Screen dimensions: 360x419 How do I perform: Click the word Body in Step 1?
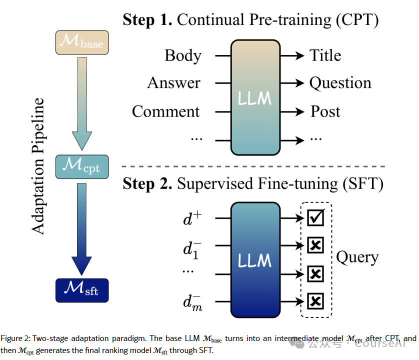coord(183,55)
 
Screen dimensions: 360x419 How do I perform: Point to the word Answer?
coord(173,83)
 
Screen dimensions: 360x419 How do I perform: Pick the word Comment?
coord(165,111)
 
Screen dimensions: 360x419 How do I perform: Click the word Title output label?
coord(325,55)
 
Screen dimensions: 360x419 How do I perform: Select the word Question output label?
coord(340,83)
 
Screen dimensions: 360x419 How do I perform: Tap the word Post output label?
coord(325,111)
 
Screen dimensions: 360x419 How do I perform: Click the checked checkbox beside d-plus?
coord(315,218)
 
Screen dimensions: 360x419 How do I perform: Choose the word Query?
coord(357,257)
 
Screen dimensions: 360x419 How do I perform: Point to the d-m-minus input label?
coord(192,302)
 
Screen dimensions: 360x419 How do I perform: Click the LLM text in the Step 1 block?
coord(255,97)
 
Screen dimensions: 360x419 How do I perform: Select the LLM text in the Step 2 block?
coord(255,260)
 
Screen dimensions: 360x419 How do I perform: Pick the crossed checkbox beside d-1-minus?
coord(315,245)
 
